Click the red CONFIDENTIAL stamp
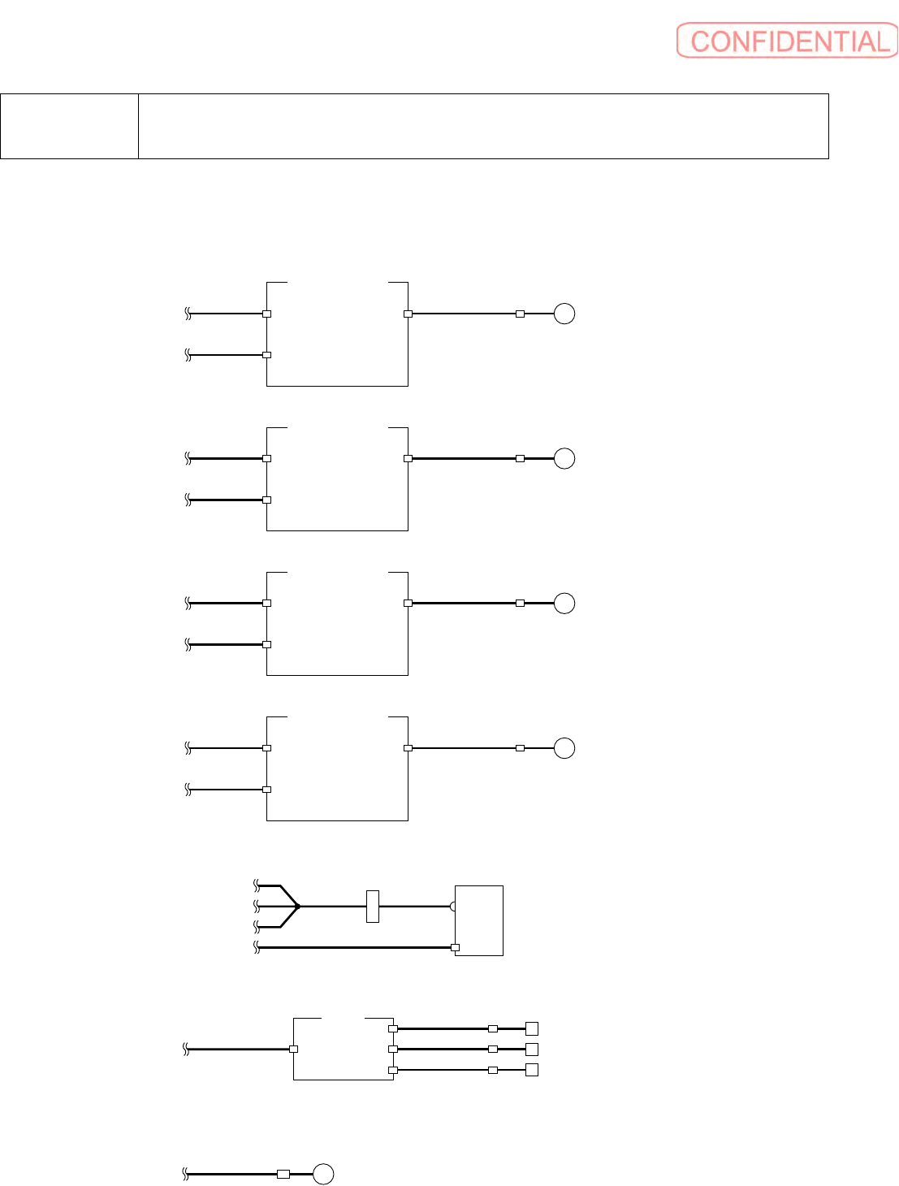[x=787, y=41]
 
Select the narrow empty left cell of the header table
[x=69, y=126]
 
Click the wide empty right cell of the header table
[x=483, y=126]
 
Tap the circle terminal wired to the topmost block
[x=564, y=314]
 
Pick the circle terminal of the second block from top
[x=564, y=458]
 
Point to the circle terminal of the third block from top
[x=564, y=604]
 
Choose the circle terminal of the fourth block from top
[x=564, y=748]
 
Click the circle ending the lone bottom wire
[x=323, y=1174]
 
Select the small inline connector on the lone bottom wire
[x=283, y=1174]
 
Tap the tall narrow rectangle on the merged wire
[x=373, y=906]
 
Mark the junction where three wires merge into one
[x=298, y=906]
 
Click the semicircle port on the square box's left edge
[x=453, y=906]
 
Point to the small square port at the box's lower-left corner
[x=455, y=947]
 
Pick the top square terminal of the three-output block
[x=532, y=1028]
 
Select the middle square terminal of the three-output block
[x=532, y=1049]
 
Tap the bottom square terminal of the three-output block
[x=532, y=1070]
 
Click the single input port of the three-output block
[x=293, y=1049]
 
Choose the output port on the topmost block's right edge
[x=408, y=314]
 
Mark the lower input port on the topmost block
[x=266, y=355]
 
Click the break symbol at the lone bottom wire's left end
[x=186, y=1174]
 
